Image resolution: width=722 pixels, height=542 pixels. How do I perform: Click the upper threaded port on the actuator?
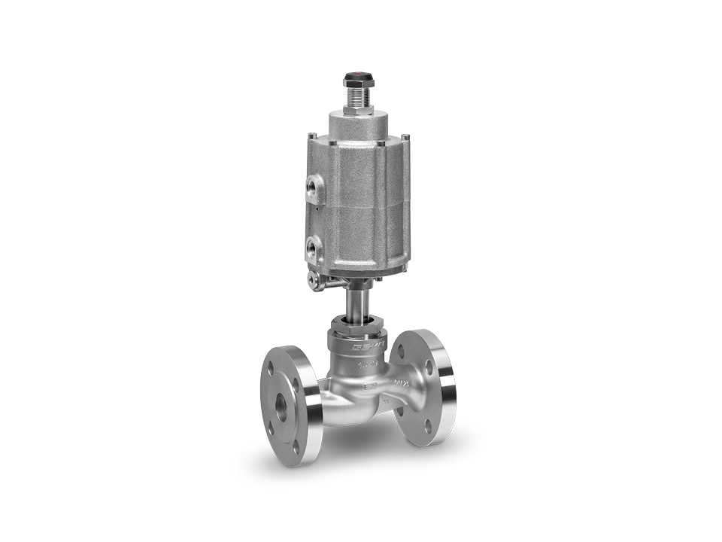(312, 184)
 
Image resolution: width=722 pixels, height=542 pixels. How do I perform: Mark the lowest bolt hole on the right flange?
(429, 427)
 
